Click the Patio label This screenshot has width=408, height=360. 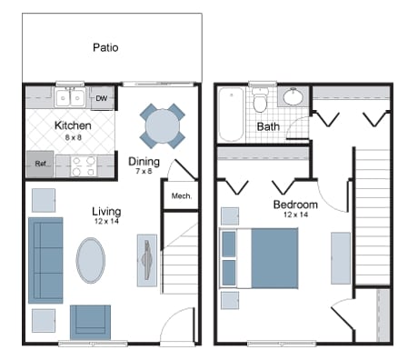pos(106,47)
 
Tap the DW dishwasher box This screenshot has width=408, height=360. pos(101,97)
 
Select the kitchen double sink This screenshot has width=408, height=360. pos(68,97)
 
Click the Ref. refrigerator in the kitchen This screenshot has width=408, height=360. pos(41,164)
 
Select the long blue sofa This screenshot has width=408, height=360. pos(45,259)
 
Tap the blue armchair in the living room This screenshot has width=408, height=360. pos(91,320)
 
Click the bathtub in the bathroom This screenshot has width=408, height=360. pos(231,114)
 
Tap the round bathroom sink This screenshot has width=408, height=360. pos(294,96)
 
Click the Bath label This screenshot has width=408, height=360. pos(268,127)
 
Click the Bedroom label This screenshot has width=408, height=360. pos(295,205)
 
